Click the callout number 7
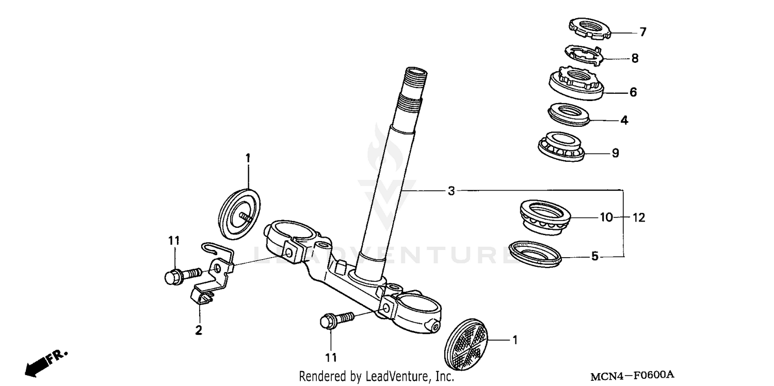[642, 32]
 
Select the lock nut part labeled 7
[589, 28]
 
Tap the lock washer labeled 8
[584, 55]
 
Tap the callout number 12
[639, 217]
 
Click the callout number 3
[451, 191]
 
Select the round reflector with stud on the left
[239, 215]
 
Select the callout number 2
[199, 330]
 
